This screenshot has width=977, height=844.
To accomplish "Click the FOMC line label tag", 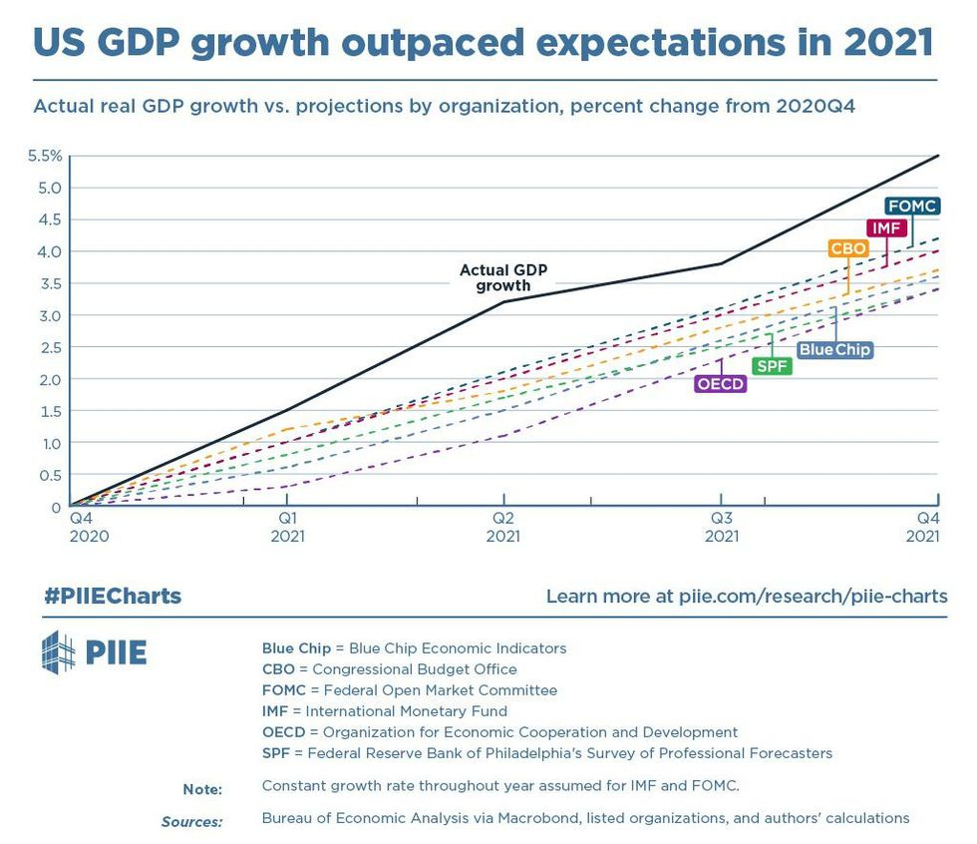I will point(912,207).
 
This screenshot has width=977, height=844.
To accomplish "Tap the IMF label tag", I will point(885,228).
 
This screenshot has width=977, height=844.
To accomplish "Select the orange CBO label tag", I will point(847,248).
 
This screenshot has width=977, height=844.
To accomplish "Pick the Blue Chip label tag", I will point(834,350).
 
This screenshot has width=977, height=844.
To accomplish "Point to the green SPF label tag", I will point(773,366).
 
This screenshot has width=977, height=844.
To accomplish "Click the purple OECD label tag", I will point(721,384).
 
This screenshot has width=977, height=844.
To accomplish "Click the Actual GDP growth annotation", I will point(503,277).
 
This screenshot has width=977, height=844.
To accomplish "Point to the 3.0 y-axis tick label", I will point(50,315).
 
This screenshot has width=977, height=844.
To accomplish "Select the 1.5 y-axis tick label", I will point(50,411).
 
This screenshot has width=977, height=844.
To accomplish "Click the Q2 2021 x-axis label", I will point(503,527).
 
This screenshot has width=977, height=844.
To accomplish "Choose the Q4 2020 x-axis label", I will point(87,527).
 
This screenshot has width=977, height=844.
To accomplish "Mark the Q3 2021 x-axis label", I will point(721,527).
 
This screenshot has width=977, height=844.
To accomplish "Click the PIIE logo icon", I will point(58,652).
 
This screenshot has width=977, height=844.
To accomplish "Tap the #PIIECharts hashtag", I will point(113,597).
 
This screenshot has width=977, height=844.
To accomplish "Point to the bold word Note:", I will point(202,789).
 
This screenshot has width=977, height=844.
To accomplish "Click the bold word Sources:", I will point(191,821).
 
